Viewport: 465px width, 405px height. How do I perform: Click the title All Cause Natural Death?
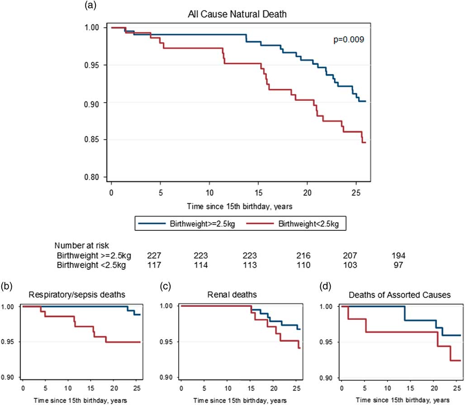[237, 15]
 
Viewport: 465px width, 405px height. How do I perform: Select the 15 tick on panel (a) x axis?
[258, 193]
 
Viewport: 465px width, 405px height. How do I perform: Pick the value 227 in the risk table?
[154, 256]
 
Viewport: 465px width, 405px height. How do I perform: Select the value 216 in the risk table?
[299, 256]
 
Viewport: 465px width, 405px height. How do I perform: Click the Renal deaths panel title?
[235, 295]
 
